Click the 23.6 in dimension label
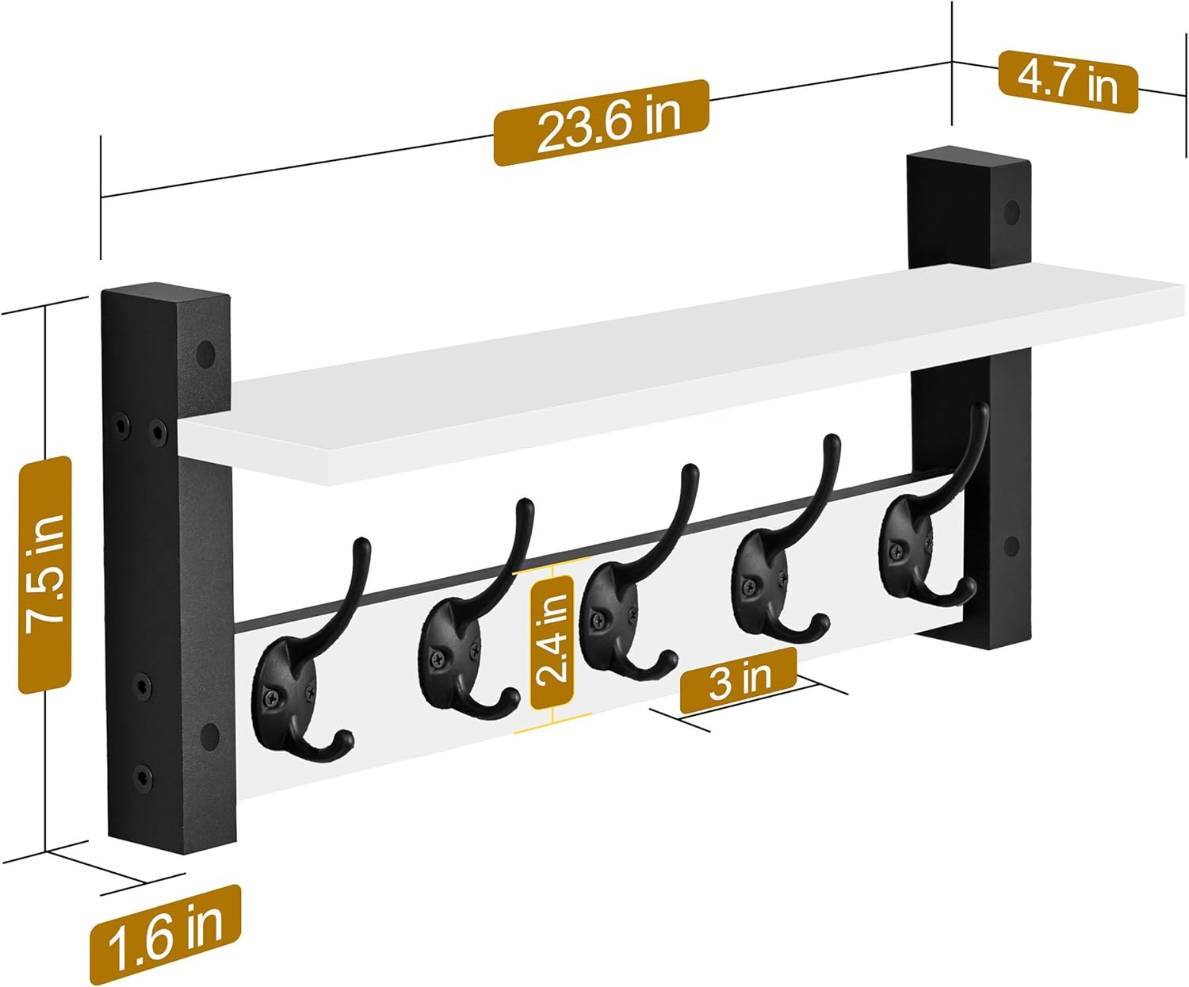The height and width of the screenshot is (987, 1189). [601, 123]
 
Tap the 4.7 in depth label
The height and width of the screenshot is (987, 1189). [1068, 81]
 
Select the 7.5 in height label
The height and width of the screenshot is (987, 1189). [45, 574]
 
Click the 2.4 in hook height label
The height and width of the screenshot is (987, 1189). [552, 641]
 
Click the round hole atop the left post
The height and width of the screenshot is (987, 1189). [207, 354]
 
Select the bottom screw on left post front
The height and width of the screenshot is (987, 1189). [142, 775]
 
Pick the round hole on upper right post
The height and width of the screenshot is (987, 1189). [1012, 212]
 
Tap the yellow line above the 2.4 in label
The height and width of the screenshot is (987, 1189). [552, 569]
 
